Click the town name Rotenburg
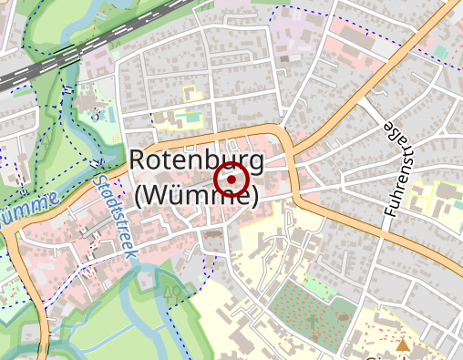click(196, 160)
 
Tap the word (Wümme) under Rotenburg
click(196, 194)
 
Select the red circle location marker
click(231, 180)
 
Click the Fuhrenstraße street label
click(396, 169)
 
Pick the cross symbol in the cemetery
click(313, 322)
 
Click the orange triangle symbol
click(403, 345)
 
